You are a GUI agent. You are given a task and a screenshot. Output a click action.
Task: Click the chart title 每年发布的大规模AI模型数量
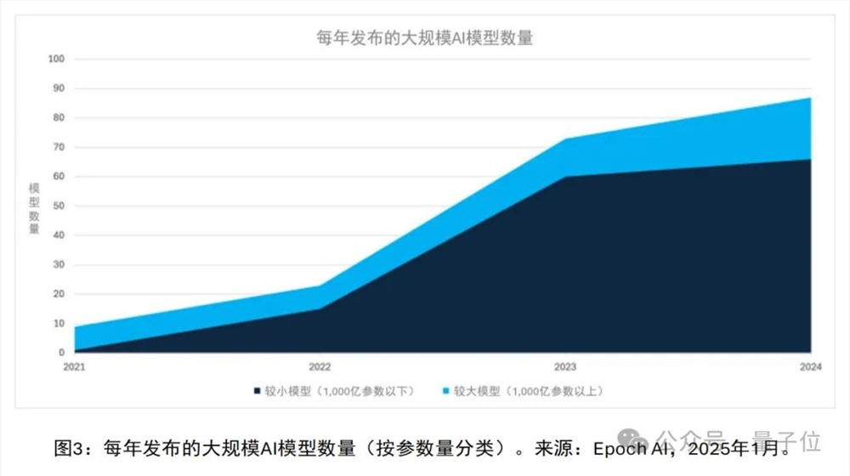tap(424, 38)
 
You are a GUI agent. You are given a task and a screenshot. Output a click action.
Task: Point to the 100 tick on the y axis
tap(56, 59)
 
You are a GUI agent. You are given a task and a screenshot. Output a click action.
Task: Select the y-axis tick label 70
tap(59, 147)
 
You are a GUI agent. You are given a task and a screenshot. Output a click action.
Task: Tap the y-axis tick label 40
tap(59, 235)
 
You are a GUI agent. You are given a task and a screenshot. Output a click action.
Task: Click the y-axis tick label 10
tap(59, 323)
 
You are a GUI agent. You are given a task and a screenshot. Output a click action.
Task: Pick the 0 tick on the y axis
tap(60, 353)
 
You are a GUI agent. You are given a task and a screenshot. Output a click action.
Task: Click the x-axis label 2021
tap(75, 366)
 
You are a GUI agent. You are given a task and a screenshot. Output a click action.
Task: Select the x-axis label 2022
tap(320, 366)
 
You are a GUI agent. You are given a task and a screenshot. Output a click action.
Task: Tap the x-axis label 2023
tap(564, 366)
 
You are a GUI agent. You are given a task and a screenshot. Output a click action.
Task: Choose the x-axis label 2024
tap(809, 366)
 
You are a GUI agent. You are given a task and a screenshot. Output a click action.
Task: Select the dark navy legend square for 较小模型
tap(256, 392)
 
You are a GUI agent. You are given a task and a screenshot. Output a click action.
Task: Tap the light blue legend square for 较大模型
tap(445, 392)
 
